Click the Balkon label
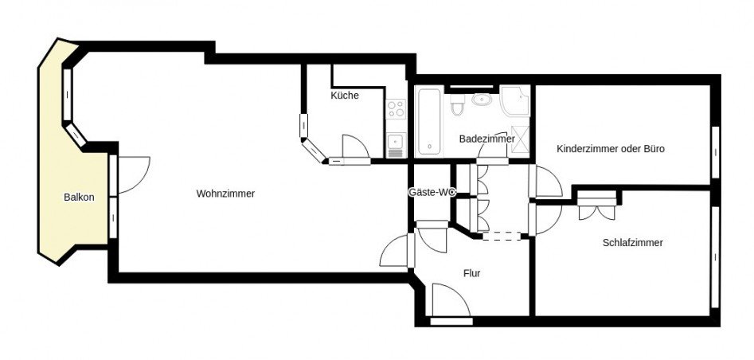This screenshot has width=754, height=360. point(79,198)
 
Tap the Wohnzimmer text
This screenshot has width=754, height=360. point(225,193)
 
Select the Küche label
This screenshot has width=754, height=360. point(345,96)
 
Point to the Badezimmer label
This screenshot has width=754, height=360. point(486,139)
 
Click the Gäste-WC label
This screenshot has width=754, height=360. point(431,192)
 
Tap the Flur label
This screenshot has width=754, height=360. point(471,273)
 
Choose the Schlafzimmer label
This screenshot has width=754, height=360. point(633,243)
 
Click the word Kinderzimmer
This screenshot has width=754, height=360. point(588,148)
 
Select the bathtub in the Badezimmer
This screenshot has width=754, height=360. point(428,120)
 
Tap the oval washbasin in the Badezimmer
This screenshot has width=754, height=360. point(482,100)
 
